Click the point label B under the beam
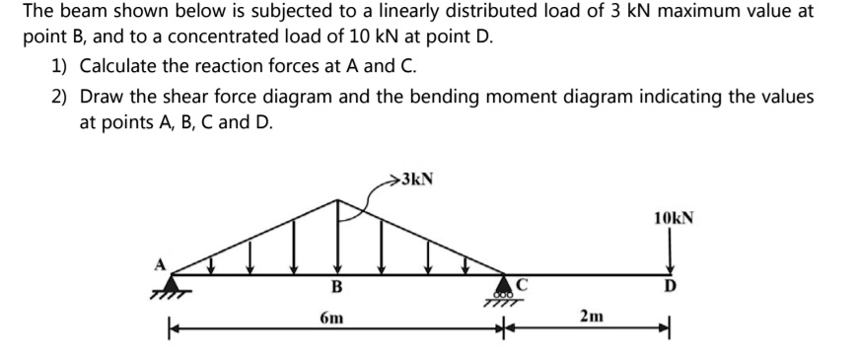click(336, 288)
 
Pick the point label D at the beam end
click(671, 287)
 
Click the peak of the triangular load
click(338, 199)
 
